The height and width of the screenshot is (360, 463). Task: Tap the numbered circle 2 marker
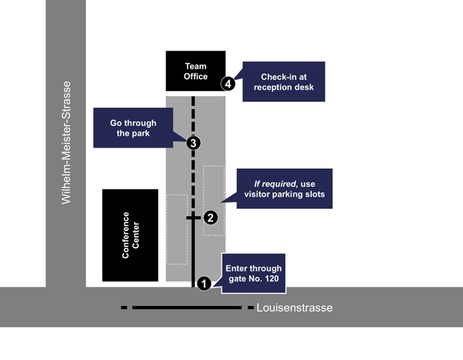click(210, 218)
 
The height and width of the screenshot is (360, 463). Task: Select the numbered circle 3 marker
click(193, 143)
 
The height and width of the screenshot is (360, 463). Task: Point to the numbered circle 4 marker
click(228, 83)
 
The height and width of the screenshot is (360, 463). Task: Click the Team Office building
click(195, 71)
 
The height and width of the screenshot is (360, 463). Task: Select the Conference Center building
click(130, 235)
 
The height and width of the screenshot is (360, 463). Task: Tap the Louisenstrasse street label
click(294, 308)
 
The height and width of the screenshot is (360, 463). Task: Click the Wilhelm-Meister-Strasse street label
click(66, 143)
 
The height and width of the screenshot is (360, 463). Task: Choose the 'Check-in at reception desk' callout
click(284, 82)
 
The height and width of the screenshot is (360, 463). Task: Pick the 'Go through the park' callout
click(133, 128)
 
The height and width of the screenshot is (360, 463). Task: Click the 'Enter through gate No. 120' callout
click(253, 273)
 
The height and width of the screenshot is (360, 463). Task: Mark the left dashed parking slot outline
click(177, 229)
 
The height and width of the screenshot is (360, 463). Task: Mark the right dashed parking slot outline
click(214, 201)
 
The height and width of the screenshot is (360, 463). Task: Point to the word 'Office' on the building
click(195, 76)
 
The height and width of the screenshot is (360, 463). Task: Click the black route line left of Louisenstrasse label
click(187, 308)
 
